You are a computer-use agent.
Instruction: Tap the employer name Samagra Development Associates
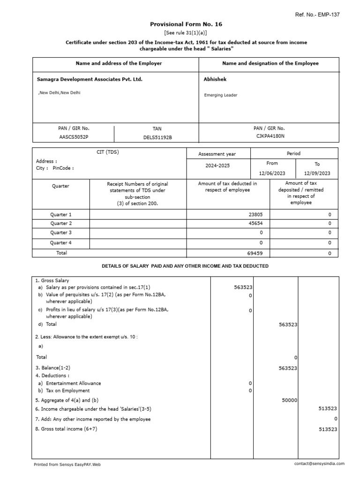(90, 79)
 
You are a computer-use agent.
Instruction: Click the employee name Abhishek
(215, 79)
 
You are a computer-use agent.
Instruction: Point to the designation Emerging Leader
(221, 95)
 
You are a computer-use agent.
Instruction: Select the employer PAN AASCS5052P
(73, 137)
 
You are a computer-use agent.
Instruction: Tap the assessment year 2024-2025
(217, 165)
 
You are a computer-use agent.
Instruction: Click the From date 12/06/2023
(272, 173)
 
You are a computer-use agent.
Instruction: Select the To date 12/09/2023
(317, 173)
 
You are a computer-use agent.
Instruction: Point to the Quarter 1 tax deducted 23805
(255, 214)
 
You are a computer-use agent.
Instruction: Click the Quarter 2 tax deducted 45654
(255, 224)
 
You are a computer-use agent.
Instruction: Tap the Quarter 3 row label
(61, 232)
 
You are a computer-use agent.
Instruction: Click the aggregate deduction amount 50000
(289, 400)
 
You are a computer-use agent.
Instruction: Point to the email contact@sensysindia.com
(319, 464)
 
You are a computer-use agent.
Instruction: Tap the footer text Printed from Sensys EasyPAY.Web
(67, 465)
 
